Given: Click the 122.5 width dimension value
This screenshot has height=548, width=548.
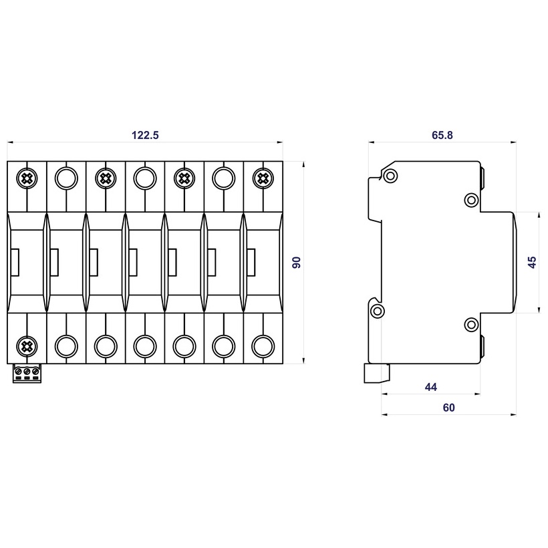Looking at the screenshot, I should pyautogui.click(x=145, y=135).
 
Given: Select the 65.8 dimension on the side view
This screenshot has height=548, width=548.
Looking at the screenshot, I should pyautogui.click(x=442, y=135).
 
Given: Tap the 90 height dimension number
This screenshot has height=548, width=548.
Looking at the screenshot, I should pyautogui.click(x=297, y=262).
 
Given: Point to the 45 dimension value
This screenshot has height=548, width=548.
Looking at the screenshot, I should pyautogui.click(x=532, y=262).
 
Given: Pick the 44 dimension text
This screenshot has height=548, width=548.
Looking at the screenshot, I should pyautogui.click(x=430, y=387).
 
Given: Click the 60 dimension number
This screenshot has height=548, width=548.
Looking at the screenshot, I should pyautogui.click(x=448, y=408).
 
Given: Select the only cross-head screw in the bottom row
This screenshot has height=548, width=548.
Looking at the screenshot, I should pyautogui.click(x=27, y=346).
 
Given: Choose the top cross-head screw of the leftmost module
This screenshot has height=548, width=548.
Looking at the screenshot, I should pyautogui.click(x=27, y=178).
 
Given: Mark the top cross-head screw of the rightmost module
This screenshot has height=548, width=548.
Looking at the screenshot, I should pyautogui.click(x=263, y=178).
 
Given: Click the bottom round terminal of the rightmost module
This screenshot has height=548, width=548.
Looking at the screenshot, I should pyautogui.click(x=263, y=346).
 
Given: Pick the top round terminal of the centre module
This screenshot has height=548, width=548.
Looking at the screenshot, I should pyautogui.click(x=144, y=178).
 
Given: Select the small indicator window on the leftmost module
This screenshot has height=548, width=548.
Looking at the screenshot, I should pyautogui.click(x=15, y=262).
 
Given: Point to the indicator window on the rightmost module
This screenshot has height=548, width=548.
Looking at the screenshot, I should pyautogui.click(x=251, y=262).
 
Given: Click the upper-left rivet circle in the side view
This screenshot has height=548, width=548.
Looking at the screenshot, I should pyautogui.click(x=390, y=176).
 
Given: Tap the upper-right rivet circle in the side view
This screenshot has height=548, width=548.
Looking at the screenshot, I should pyautogui.click(x=471, y=200).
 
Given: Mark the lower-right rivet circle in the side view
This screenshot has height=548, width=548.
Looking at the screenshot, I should pyautogui.click(x=471, y=325).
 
